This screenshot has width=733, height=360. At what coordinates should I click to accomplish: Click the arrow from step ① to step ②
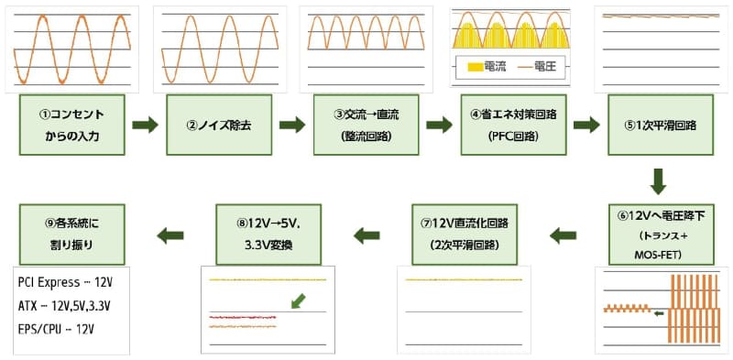tap(145, 125)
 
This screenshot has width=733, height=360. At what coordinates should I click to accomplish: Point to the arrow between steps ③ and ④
tap(440, 125)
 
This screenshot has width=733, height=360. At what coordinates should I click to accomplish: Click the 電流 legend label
tap(496, 66)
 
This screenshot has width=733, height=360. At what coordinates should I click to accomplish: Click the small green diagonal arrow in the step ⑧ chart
tap(295, 300)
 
